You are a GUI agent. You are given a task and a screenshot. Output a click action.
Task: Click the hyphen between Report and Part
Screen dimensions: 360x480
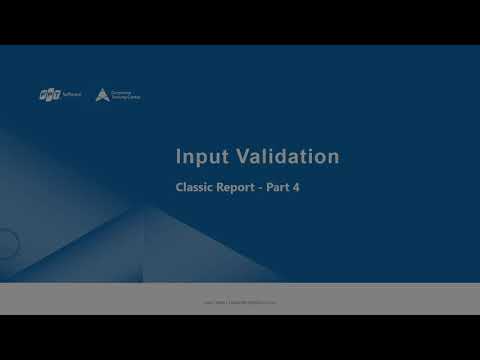(x=265, y=187)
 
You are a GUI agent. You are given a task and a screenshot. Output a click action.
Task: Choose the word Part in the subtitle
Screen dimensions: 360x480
(x=280, y=187)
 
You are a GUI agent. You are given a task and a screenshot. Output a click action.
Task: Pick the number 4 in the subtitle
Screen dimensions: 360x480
(x=297, y=187)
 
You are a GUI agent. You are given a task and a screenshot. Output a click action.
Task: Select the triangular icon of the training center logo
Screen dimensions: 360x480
(x=102, y=95)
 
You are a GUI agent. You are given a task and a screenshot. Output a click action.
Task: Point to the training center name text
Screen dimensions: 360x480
(x=127, y=95)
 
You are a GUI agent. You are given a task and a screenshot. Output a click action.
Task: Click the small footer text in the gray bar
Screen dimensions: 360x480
(x=239, y=299)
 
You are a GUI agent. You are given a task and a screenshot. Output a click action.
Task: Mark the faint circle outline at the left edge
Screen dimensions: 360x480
(x=8, y=242)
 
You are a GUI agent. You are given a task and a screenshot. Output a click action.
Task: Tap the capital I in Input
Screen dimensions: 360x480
(x=178, y=157)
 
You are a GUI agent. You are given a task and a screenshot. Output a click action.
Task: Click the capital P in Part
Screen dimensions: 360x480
(x=273, y=187)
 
